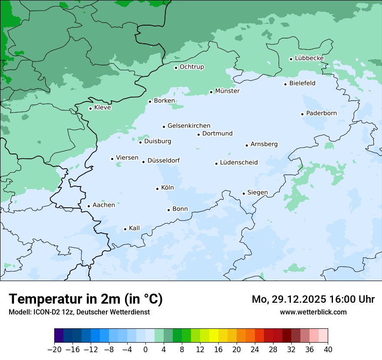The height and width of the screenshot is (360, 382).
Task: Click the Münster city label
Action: coord(227,91)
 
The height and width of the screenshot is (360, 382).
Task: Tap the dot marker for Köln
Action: coord(157,189)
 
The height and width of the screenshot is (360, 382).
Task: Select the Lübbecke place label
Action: coord(309,58)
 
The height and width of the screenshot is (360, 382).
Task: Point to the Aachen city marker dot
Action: coord(89,206)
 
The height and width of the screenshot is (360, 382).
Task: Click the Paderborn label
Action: coord(321,113)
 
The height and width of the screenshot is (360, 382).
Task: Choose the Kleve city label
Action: coord(102,108)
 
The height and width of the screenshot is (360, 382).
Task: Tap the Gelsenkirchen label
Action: coord(189,126)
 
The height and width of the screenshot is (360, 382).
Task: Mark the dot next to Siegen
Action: coord(244,193)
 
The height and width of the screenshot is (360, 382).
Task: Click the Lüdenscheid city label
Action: coord(239,163)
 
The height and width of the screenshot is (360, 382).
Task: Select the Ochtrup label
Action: coord(191,67)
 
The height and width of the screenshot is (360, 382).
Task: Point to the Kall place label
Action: coord(134,228)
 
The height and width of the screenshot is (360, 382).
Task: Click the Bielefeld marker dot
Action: coord(286,84)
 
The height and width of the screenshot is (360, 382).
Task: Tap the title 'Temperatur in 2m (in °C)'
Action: coord(86,299)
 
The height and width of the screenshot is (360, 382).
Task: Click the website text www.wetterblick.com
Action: coord(313,312)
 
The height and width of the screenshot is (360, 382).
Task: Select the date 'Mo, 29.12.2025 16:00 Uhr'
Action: coord(313,299)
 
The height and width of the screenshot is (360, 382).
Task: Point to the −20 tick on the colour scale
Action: coord(54,350)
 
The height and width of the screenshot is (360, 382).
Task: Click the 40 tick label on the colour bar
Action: coord(328,350)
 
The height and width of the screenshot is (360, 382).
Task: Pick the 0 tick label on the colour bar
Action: coord(145,350)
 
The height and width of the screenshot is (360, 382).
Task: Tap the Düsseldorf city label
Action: coord(164,160)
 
